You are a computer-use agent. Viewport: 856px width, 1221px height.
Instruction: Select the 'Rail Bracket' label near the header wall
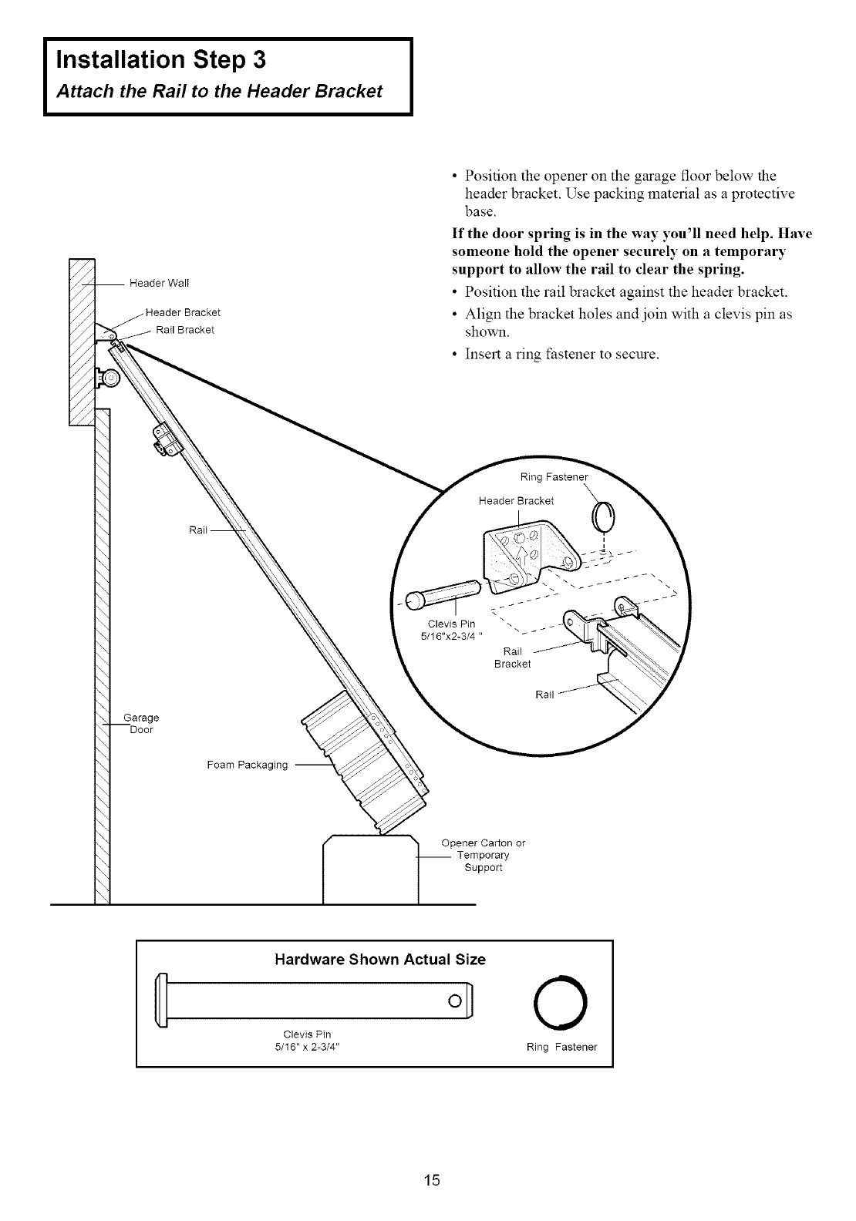pyautogui.click(x=184, y=330)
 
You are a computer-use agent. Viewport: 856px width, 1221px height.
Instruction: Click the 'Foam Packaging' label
pyautogui.click(x=247, y=765)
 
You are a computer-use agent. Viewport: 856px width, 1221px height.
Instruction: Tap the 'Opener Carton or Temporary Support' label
pyautogui.click(x=483, y=855)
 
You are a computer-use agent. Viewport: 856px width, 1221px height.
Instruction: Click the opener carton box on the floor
pyautogui.click(x=370, y=867)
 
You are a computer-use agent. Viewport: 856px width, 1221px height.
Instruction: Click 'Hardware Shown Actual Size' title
pyautogui.click(x=380, y=960)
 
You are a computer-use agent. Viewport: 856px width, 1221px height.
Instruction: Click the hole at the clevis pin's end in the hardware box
pyautogui.click(x=455, y=1001)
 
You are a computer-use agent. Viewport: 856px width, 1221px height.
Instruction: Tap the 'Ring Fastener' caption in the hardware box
pyautogui.click(x=561, y=1048)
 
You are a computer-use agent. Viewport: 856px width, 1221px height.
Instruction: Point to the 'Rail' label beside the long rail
pyautogui.click(x=199, y=530)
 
